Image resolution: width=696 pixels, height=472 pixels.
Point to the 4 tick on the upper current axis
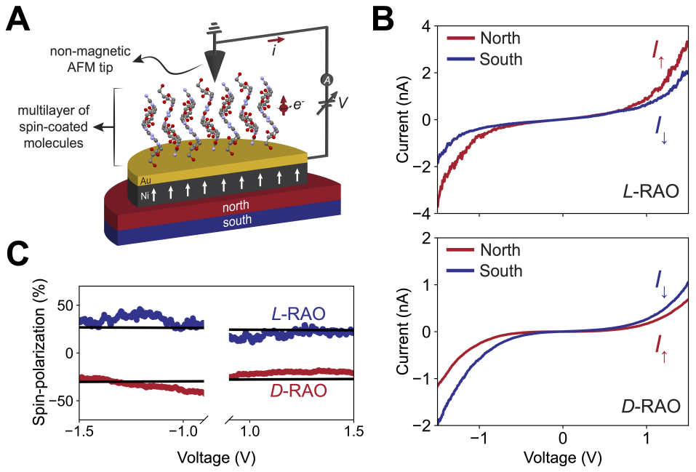tap(424, 27)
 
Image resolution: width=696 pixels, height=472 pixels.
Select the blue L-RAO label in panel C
tap(297, 313)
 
